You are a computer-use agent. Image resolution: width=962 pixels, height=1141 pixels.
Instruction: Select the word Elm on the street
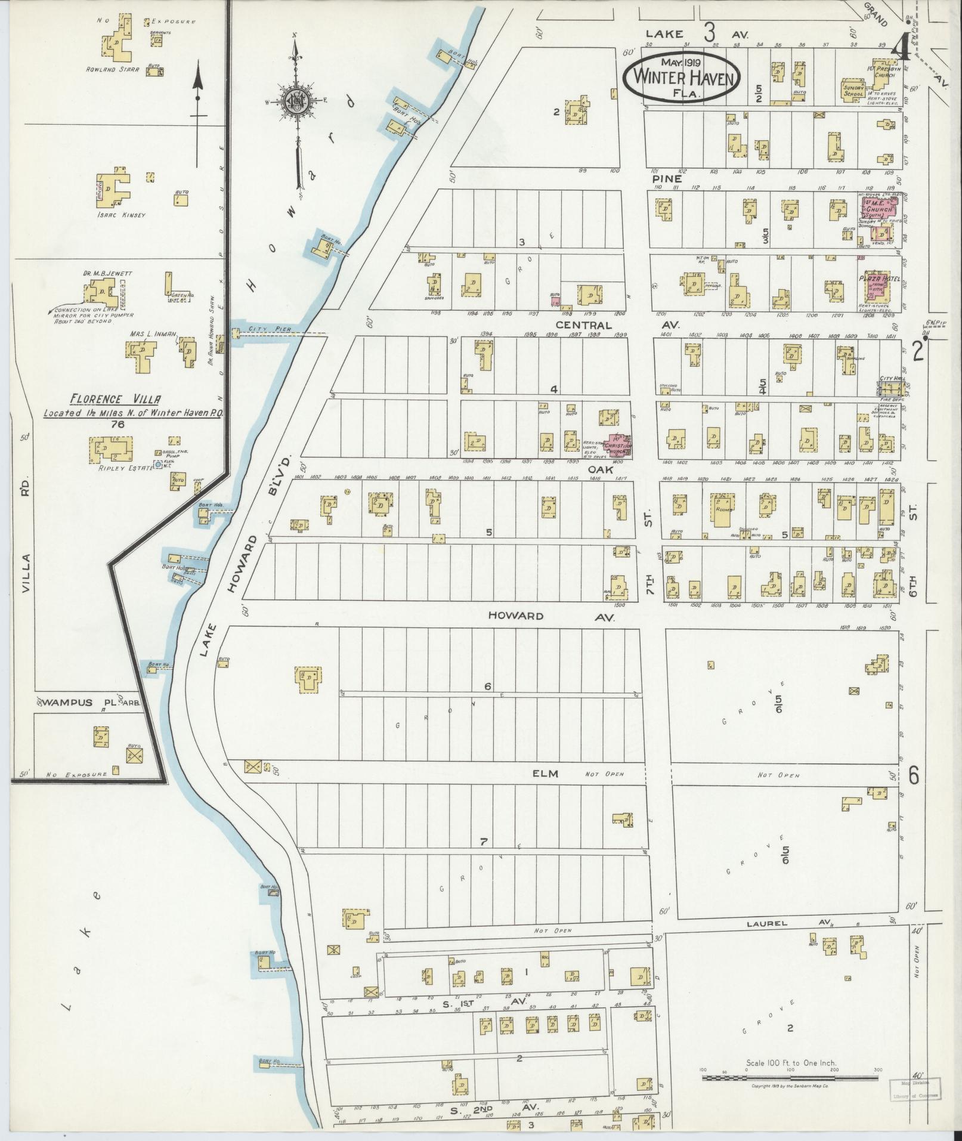(x=546, y=774)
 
